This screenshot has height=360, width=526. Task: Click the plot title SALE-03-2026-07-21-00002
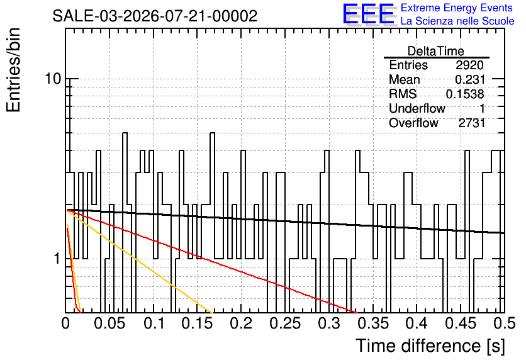[155, 16]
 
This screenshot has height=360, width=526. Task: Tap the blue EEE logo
[368, 14]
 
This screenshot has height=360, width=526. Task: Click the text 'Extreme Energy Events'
[457, 8]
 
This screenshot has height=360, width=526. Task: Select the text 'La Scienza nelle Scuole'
[457, 21]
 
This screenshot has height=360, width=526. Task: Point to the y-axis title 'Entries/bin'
[13, 70]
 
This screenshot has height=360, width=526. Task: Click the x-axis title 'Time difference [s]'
[430, 346]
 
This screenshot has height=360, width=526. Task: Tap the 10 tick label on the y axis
[53, 79]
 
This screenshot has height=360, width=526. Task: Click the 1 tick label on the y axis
[57, 259]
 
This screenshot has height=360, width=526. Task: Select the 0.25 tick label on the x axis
[285, 323]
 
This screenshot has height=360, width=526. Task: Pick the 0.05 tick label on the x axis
[109, 323]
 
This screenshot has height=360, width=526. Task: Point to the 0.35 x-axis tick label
[373, 323]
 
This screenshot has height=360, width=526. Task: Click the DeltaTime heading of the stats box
[436, 51]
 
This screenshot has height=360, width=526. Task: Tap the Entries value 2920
[469, 65]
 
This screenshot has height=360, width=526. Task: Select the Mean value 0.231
[470, 79]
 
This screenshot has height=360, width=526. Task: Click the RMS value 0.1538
[465, 94]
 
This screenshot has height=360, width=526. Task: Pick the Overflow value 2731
[472, 123]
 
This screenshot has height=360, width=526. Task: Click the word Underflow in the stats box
[417, 108]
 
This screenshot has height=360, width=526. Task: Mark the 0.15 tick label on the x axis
[198, 323]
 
